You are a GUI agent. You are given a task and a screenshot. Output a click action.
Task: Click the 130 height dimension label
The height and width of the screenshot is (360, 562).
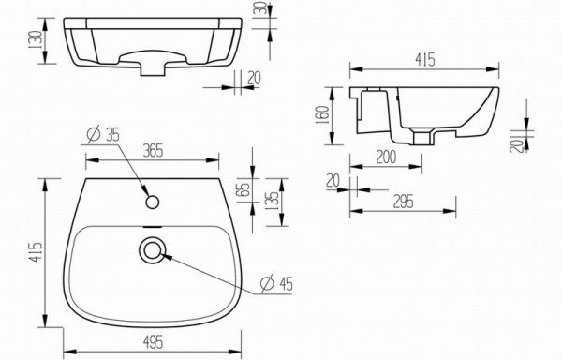[x=37, y=40]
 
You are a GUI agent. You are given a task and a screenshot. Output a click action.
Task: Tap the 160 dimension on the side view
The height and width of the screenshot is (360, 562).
[x=322, y=114]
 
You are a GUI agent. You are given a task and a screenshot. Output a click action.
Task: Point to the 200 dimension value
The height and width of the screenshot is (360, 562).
[x=386, y=157]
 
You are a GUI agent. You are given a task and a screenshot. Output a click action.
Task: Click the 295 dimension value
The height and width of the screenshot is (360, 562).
[x=403, y=202]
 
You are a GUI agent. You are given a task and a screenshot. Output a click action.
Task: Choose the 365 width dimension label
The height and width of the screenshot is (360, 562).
[x=153, y=151]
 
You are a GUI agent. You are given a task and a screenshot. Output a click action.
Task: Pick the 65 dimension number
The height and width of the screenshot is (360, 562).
[x=243, y=190]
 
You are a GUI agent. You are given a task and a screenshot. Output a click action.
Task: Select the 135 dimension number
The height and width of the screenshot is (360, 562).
[x=274, y=201]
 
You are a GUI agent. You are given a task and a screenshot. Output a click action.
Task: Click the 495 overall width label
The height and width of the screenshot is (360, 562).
[x=153, y=342]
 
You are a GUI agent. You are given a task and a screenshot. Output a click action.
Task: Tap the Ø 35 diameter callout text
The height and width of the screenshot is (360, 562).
[x=103, y=134]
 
